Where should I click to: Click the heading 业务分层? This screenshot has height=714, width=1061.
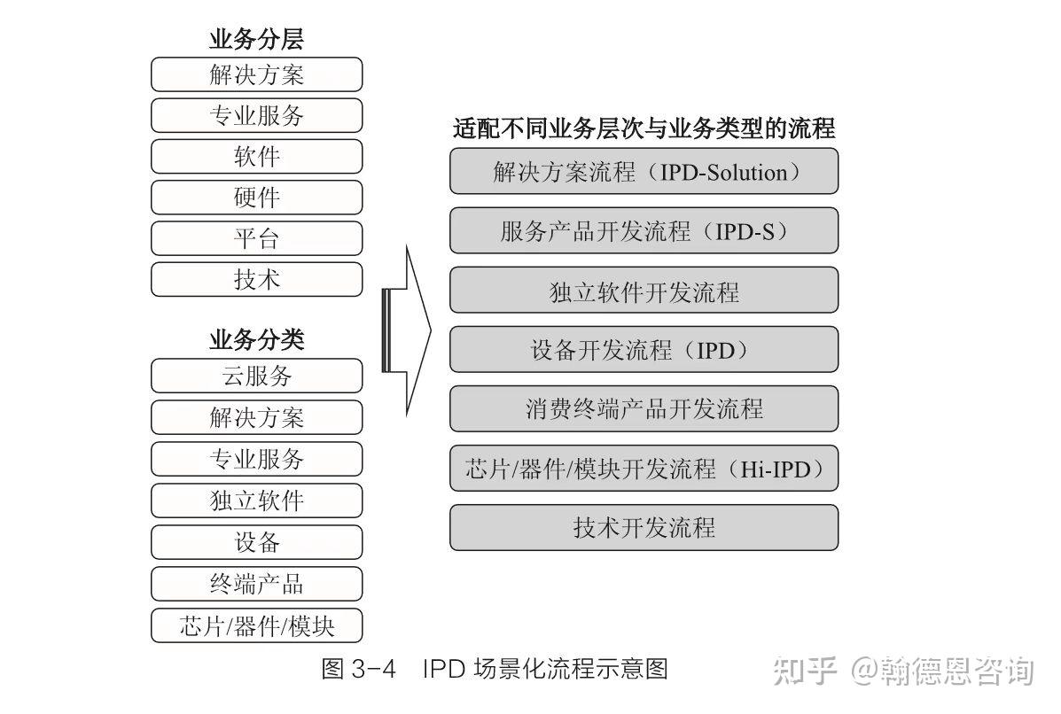pyautogui.click(x=256, y=39)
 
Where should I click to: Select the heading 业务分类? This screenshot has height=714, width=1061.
pyautogui.click(x=256, y=339)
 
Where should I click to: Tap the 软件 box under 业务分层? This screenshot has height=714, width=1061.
pyautogui.click(x=257, y=157)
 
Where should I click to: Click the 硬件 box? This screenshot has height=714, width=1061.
pyautogui.click(x=257, y=198)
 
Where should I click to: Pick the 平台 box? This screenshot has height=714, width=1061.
pyautogui.click(x=257, y=238)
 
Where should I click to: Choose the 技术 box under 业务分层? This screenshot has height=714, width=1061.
pyautogui.click(x=257, y=279)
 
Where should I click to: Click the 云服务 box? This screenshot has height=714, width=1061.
pyautogui.click(x=257, y=376)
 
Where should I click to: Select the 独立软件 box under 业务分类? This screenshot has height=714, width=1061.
pyautogui.click(x=257, y=501)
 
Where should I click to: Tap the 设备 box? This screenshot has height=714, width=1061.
pyautogui.click(x=257, y=542)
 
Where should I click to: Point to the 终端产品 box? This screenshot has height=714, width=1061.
pyautogui.click(x=257, y=584)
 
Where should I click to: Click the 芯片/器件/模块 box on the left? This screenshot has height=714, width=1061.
pyautogui.click(x=257, y=625)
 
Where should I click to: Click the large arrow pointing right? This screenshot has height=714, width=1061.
pyautogui.click(x=408, y=331)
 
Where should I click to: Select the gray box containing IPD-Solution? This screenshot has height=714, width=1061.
pyautogui.click(x=644, y=171)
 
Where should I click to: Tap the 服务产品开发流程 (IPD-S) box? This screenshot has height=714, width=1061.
pyautogui.click(x=644, y=231)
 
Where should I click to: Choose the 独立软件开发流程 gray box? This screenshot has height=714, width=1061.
pyautogui.click(x=644, y=291)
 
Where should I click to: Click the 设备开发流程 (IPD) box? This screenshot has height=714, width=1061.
pyautogui.click(x=644, y=350)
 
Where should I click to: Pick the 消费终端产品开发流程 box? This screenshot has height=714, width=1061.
pyautogui.click(x=644, y=409)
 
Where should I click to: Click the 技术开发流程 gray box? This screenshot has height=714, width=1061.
pyautogui.click(x=644, y=528)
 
